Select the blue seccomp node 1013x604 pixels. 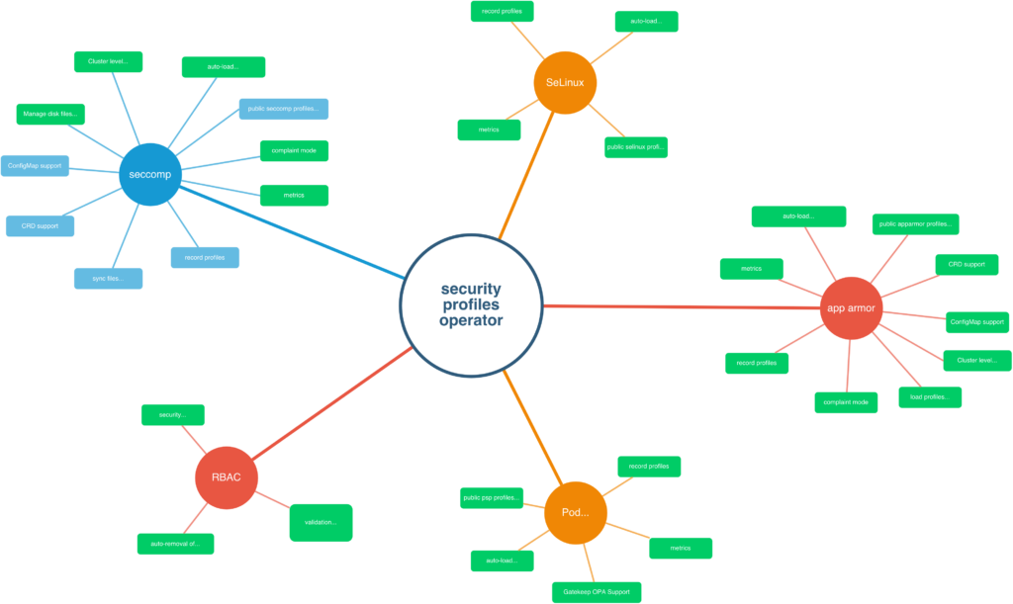pyautogui.click(x=150, y=174)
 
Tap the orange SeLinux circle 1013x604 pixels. pyautogui.click(x=565, y=82)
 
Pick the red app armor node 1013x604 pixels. pyautogui.click(x=851, y=307)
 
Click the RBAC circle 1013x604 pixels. pyautogui.click(x=226, y=477)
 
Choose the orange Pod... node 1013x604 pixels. pyautogui.click(x=575, y=513)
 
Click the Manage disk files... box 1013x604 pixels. pyautogui.click(x=50, y=114)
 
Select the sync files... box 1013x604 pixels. pyautogui.click(x=107, y=279)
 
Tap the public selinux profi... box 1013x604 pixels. pyautogui.click(x=636, y=147)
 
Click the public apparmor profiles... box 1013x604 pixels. pyautogui.click(x=915, y=223)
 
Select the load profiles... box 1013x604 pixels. pyautogui.click(x=929, y=397)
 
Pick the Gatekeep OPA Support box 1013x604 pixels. pyautogui.click(x=597, y=592)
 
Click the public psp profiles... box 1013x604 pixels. pyautogui.click(x=492, y=498)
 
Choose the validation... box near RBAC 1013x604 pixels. pyautogui.click(x=321, y=522)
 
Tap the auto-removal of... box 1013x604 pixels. pyautogui.click(x=175, y=544)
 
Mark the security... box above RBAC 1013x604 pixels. pyautogui.click(x=173, y=414)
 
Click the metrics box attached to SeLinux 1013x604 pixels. pyautogui.click(x=489, y=129)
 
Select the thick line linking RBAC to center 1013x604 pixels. pyautogui.click(x=317, y=411)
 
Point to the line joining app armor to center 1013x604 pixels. pyautogui.click(x=683, y=307)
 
